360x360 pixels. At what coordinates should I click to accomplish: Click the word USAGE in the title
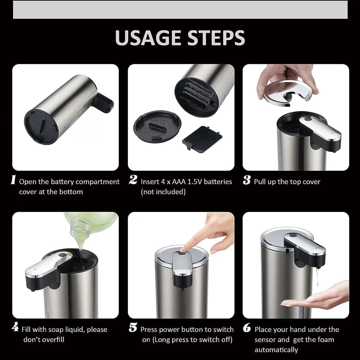click(x=148, y=38)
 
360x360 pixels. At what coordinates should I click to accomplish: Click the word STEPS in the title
click(x=215, y=38)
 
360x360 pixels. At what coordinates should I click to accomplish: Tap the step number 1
click(x=13, y=180)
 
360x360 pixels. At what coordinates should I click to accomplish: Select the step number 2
click(x=133, y=180)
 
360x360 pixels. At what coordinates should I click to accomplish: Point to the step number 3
click(x=247, y=181)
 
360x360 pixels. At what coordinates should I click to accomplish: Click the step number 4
click(x=15, y=328)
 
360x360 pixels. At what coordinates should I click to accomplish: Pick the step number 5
click(x=133, y=328)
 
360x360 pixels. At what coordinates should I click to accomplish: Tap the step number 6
click(x=247, y=328)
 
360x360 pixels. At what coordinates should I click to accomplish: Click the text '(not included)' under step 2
click(x=163, y=192)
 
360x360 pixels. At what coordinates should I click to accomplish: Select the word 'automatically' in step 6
click(x=276, y=350)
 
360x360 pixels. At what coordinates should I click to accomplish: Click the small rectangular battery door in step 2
click(x=202, y=140)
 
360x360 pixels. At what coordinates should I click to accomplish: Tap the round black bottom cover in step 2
click(x=157, y=126)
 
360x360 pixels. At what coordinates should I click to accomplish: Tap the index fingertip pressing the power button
click(x=184, y=248)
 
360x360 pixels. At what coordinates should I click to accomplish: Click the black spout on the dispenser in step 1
click(x=103, y=103)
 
